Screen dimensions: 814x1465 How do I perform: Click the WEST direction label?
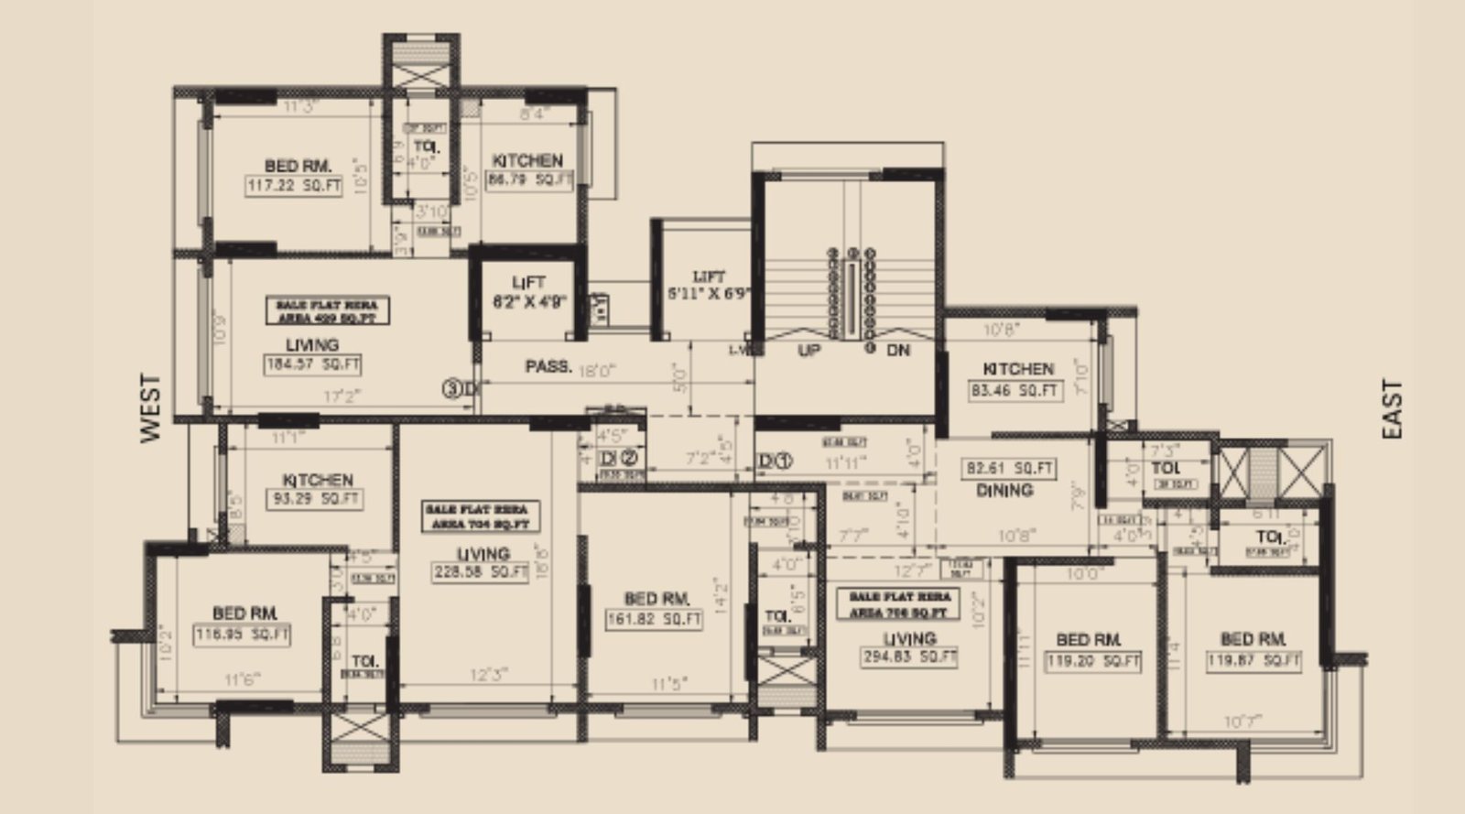point(151,407)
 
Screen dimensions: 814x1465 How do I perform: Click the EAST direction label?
point(1393,409)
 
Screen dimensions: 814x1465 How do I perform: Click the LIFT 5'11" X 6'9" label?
point(709,285)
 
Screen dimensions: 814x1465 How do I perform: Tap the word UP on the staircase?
point(808,351)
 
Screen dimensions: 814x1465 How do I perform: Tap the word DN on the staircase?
point(898,351)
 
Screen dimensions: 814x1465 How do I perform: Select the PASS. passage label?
point(548,367)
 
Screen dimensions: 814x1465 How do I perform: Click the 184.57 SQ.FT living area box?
point(312,364)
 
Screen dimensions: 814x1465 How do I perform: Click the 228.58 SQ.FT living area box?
point(483,572)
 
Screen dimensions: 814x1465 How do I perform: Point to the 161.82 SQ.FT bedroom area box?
point(655,619)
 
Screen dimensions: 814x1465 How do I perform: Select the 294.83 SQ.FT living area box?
point(909,657)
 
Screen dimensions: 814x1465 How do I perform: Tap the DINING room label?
point(1004,491)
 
